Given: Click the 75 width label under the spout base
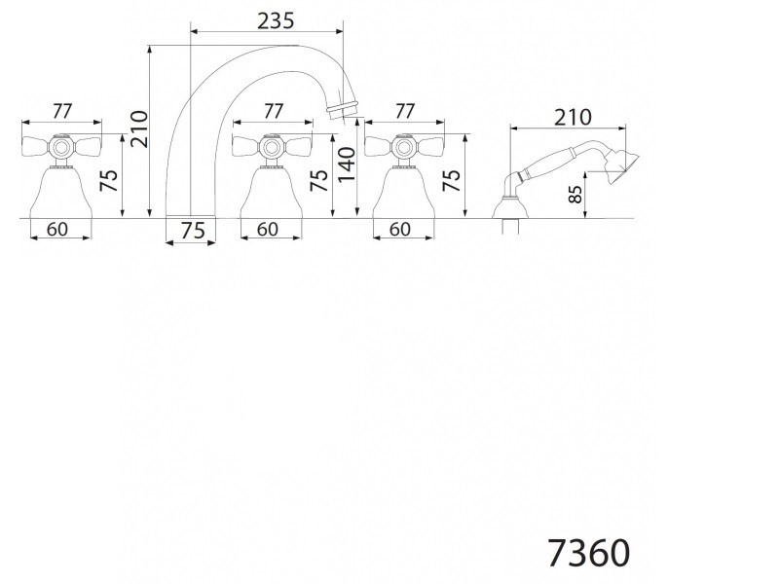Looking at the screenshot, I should click(192, 231).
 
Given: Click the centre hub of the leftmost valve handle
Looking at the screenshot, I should click(62, 149).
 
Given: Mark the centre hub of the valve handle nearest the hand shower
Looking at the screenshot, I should click(402, 149).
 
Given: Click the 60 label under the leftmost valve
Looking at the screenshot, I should click(56, 230).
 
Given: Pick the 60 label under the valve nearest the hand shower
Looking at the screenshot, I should click(400, 230).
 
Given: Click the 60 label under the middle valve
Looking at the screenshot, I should click(267, 230).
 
